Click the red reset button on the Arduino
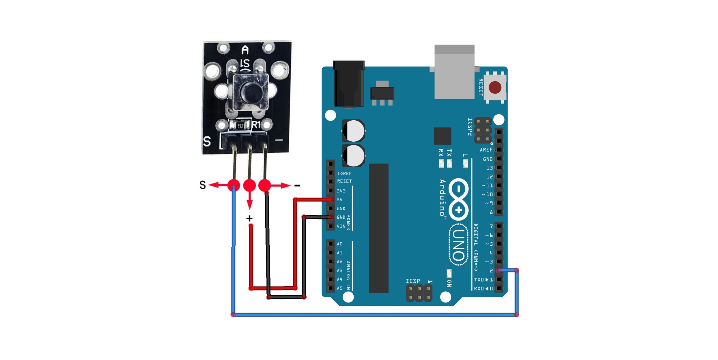click(x=495, y=87)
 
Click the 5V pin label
click(x=340, y=200)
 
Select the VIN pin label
click(x=341, y=226)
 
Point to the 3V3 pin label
click(x=341, y=191)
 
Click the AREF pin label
click(x=486, y=150)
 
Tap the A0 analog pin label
click(x=340, y=244)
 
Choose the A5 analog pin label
click(x=340, y=288)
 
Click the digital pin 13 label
click(x=490, y=167)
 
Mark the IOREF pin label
click(x=344, y=173)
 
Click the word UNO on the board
click(x=459, y=245)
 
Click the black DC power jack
click(x=349, y=84)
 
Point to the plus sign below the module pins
click(x=249, y=218)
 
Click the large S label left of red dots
click(x=203, y=185)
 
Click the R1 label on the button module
click(x=256, y=125)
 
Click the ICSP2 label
click(x=470, y=127)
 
